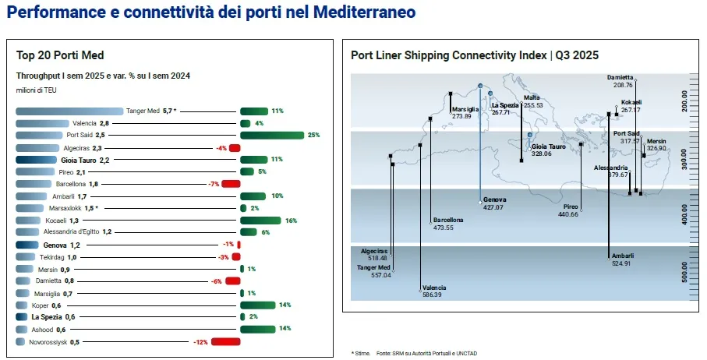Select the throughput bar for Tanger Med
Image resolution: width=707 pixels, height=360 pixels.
(69, 111)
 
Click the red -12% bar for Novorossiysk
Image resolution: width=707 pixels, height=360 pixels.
(224, 341)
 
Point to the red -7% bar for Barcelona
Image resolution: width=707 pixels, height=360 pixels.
(230, 184)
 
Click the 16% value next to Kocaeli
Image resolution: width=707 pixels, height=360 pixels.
(291, 221)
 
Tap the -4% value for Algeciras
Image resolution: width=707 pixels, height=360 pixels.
(221, 147)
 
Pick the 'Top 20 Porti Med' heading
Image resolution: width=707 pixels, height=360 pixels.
(60, 55)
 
